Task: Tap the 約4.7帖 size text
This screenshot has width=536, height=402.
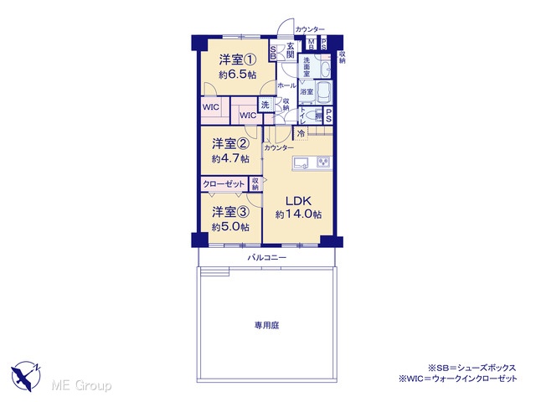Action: (x=230, y=159)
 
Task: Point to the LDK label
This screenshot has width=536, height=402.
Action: (x=298, y=200)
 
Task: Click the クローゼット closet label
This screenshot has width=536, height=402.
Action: (x=224, y=184)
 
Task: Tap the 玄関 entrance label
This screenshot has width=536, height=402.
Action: (x=291, y=50)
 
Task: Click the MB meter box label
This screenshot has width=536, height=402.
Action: (x=311, y=44)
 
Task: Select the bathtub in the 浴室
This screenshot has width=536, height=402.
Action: (x=323, y=92)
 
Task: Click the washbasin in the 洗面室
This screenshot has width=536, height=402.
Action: (x=326, y=70)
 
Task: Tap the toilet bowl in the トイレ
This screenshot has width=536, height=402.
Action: (x=312, y=116)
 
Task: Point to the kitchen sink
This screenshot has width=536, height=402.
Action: (x=301, y=162)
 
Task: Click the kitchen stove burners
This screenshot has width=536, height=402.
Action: (x=324, y=162)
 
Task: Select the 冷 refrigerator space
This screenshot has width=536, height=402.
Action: (x=301, y=133)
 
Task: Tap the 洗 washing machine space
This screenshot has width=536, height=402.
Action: (x=265, y=105)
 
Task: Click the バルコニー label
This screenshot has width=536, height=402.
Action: (x=266, y=258)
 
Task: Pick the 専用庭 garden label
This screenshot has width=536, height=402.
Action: (x=266, y=325)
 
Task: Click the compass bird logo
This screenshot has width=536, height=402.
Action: (x=26, y=376)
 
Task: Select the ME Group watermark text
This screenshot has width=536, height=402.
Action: (x=81, y=385)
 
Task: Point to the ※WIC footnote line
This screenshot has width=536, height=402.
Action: (x=458, y=379)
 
